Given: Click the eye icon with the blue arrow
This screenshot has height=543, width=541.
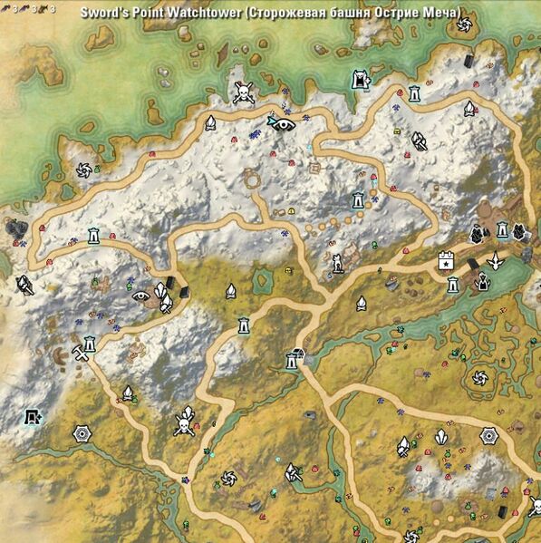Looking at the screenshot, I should (281, 122).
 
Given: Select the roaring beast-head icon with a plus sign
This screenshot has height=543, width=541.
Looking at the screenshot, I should (361, 80).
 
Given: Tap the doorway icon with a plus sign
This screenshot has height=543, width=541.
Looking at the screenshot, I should (34, 418).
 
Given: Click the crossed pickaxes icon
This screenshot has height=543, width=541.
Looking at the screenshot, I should (79, 353).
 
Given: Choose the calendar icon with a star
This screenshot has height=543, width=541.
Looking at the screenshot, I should (445, 260).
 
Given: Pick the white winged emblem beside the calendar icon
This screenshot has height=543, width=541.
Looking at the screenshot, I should (495, 261).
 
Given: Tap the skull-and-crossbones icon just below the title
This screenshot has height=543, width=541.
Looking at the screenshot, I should (242, 92).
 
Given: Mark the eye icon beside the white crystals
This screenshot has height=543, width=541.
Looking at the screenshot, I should (140, 295).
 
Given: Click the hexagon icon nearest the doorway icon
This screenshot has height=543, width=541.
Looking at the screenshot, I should (82, 433).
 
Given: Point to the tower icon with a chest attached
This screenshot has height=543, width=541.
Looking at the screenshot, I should (292, 359).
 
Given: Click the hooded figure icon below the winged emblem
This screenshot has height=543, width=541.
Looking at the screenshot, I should (484, 284).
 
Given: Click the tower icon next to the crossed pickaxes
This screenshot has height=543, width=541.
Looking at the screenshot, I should (90, 344).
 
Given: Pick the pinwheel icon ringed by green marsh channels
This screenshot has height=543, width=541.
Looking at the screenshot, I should (475, 374).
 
